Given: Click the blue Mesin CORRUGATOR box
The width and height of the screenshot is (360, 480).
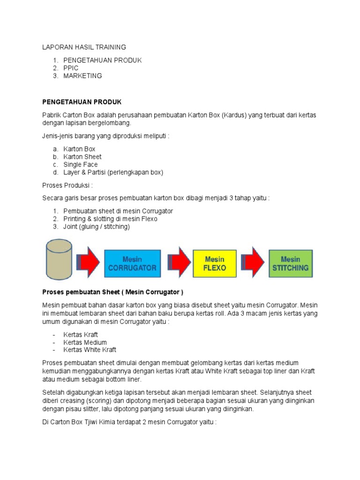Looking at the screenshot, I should tap(132, 263).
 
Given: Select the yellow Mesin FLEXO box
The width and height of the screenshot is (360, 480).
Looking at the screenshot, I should tap(215, 263).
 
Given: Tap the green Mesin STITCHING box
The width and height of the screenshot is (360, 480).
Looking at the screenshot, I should tap(290, 263).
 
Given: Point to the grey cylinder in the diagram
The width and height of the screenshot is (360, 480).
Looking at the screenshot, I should tap(59, 259).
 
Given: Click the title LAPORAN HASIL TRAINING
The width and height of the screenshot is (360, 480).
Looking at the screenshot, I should tap(84, 47).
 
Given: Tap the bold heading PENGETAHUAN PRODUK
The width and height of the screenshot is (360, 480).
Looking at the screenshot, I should tap(82, 102).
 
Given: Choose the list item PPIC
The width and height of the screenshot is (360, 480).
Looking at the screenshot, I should tap(71, 68).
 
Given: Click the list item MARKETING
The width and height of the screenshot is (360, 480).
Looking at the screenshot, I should tap(82, 75).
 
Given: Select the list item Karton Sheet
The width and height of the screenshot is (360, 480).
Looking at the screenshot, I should tap(82, 157).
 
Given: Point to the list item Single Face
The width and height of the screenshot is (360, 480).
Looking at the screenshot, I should tap(81, 165).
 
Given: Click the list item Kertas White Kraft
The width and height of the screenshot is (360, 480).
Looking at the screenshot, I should tap(90, 349).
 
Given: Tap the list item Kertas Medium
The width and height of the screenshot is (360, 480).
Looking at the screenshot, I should tap(85, 342).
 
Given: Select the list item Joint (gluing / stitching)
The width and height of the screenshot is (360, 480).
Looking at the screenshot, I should tap(97, 226).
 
